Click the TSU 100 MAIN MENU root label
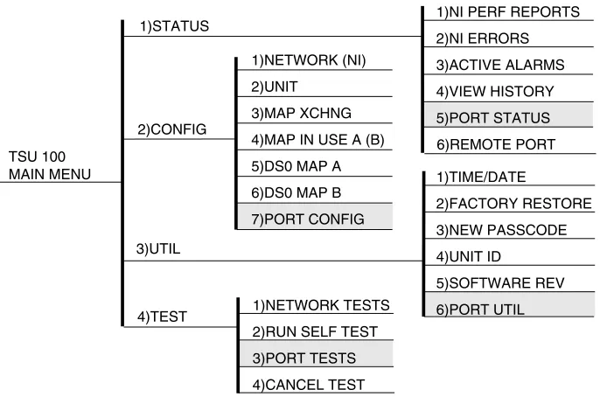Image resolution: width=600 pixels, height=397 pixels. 50,165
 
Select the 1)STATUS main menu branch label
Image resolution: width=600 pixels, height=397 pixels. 175,26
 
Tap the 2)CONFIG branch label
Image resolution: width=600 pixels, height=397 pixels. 172,129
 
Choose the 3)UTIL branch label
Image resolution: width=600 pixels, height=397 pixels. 158,248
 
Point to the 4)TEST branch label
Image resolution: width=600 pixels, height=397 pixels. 163,317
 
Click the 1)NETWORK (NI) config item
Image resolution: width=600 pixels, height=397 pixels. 309,60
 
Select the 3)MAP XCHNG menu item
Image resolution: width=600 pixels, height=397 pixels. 301,113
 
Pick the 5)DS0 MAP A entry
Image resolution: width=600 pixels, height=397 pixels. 296,166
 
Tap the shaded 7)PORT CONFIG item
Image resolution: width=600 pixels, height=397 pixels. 308,219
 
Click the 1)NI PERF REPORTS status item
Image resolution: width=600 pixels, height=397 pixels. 508,12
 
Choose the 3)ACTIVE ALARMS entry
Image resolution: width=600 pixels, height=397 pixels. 500,65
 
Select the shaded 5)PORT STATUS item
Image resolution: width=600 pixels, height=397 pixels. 493,118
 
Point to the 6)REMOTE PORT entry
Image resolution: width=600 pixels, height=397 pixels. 496,144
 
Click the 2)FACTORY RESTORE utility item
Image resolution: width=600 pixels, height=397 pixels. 514,204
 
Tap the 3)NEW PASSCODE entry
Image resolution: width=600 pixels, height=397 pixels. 501,230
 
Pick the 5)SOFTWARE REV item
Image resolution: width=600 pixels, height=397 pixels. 500,283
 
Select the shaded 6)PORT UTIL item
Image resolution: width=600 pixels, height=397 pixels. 480,310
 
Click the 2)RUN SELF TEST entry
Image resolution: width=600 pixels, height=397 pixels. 315,331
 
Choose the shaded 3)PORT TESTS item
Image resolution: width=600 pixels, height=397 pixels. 303,359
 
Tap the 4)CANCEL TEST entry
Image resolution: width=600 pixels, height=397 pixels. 309,385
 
